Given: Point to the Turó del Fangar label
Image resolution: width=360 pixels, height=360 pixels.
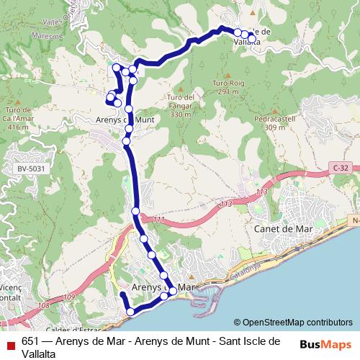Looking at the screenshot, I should (x=180, y=105).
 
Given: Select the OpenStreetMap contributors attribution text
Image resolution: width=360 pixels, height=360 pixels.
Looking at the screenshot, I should (x=297, y=322).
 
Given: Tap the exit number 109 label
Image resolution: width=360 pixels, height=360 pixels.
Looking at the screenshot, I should (x=68, y=297).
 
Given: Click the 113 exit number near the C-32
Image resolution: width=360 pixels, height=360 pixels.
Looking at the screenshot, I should (x=261, y=192).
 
